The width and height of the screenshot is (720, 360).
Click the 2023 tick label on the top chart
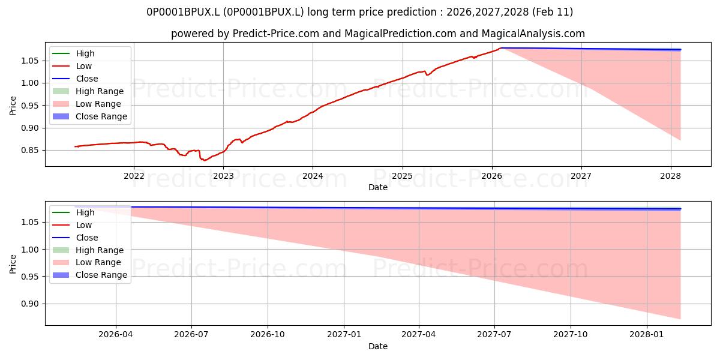(223, 176)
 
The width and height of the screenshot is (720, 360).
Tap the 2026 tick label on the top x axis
(492, 176)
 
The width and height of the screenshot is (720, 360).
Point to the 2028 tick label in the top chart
(671, 176)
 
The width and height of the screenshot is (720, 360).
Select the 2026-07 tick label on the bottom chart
(191, 335)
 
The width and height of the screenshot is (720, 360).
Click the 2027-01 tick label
(344, 335)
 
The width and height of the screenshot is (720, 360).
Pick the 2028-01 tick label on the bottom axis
(647, 335)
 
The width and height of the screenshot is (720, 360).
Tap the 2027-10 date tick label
(571, 335)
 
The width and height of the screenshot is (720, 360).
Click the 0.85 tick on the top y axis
(30, 151)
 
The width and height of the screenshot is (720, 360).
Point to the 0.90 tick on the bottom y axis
(30, 304)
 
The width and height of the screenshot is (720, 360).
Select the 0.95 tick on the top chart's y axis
(30, 106)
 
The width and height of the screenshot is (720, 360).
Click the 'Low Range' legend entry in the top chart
(87, 104)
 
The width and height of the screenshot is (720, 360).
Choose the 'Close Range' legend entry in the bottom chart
(90, 275)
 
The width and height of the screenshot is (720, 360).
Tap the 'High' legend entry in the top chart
(73, 53)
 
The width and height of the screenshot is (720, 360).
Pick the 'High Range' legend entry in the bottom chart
(88, 250)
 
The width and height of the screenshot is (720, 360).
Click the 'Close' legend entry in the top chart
(75, 79)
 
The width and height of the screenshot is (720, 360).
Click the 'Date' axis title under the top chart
(377, 187)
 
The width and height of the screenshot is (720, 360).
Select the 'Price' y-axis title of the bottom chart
(13, 264)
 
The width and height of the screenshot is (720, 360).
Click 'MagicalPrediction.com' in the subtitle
(400, 34)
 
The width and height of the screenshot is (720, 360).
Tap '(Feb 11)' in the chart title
(553, 12)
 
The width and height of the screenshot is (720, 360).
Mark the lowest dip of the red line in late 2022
(205, 160)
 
